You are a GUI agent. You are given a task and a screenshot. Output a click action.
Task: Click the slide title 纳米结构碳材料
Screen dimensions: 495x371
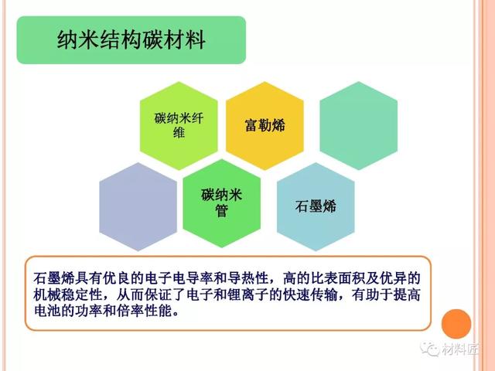point(131,40)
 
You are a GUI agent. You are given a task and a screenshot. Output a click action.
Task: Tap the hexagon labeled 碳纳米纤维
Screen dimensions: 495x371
point(179,125)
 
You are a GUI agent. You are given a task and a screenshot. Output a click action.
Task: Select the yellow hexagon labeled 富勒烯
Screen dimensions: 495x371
point(265,125)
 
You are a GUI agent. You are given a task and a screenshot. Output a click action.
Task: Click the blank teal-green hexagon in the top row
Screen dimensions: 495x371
point(359,125)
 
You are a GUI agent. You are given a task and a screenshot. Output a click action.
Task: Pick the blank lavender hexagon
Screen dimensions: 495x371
point(138,206)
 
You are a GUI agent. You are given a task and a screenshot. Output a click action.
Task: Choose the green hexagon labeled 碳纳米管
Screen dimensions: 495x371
point(222,203)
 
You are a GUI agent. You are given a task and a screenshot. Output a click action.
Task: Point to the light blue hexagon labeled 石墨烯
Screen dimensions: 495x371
point(316,206)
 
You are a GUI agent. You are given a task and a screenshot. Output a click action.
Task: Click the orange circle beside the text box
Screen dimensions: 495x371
point(456,324)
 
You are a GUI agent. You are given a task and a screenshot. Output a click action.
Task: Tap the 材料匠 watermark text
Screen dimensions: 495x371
point(459,349)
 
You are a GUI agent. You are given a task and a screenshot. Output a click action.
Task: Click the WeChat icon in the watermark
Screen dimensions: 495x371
point(430,349)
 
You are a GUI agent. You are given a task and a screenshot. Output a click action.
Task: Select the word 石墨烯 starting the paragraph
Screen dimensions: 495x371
point(54,278)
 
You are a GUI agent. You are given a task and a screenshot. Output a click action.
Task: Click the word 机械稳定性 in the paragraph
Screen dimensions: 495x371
point(68,295)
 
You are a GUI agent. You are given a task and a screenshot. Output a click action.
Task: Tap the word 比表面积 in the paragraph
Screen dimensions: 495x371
point(339,278)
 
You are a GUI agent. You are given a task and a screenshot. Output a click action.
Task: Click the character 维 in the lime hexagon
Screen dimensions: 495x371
point(179,132)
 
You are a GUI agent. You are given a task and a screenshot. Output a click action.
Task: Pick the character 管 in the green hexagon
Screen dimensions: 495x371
point(222,211)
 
